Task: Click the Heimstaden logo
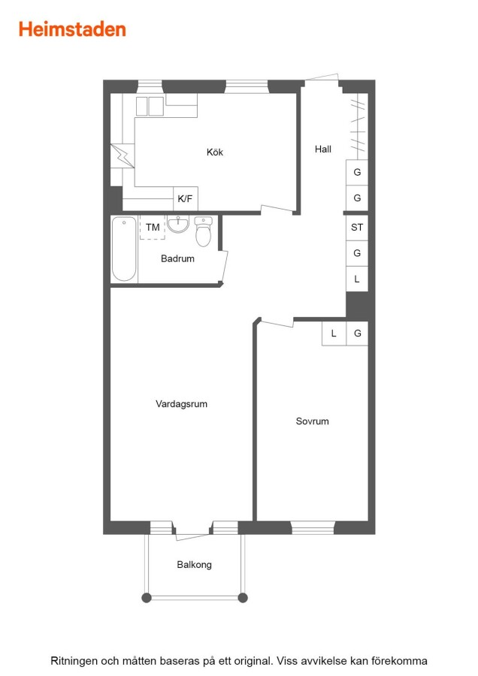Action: tap(72, 29)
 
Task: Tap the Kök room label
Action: tap(215, 152)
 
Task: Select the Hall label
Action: tap(323, 149)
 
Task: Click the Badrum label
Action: tap(177, 258)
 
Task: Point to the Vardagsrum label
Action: tap(182, 404)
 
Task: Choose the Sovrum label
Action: tap(313, 421)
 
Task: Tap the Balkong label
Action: tap(194, 565)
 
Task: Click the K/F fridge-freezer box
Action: tap(186, 199)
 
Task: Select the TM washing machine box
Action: tap(153, 227)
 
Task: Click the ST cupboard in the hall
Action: tap(357, 227)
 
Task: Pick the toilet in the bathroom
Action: tap(203, 231)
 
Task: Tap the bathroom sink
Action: tap(178, 224)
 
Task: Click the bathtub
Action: tap(124, 249)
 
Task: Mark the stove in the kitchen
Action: tap(150, 106)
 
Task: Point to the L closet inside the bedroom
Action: tap(334, 333)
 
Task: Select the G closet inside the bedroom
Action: tap(357, 333)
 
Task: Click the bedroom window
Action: tap(313, 528)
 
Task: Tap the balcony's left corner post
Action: tap(147, 598)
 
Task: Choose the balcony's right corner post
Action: tap(243, 598)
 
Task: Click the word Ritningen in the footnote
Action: tap(74, 661)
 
